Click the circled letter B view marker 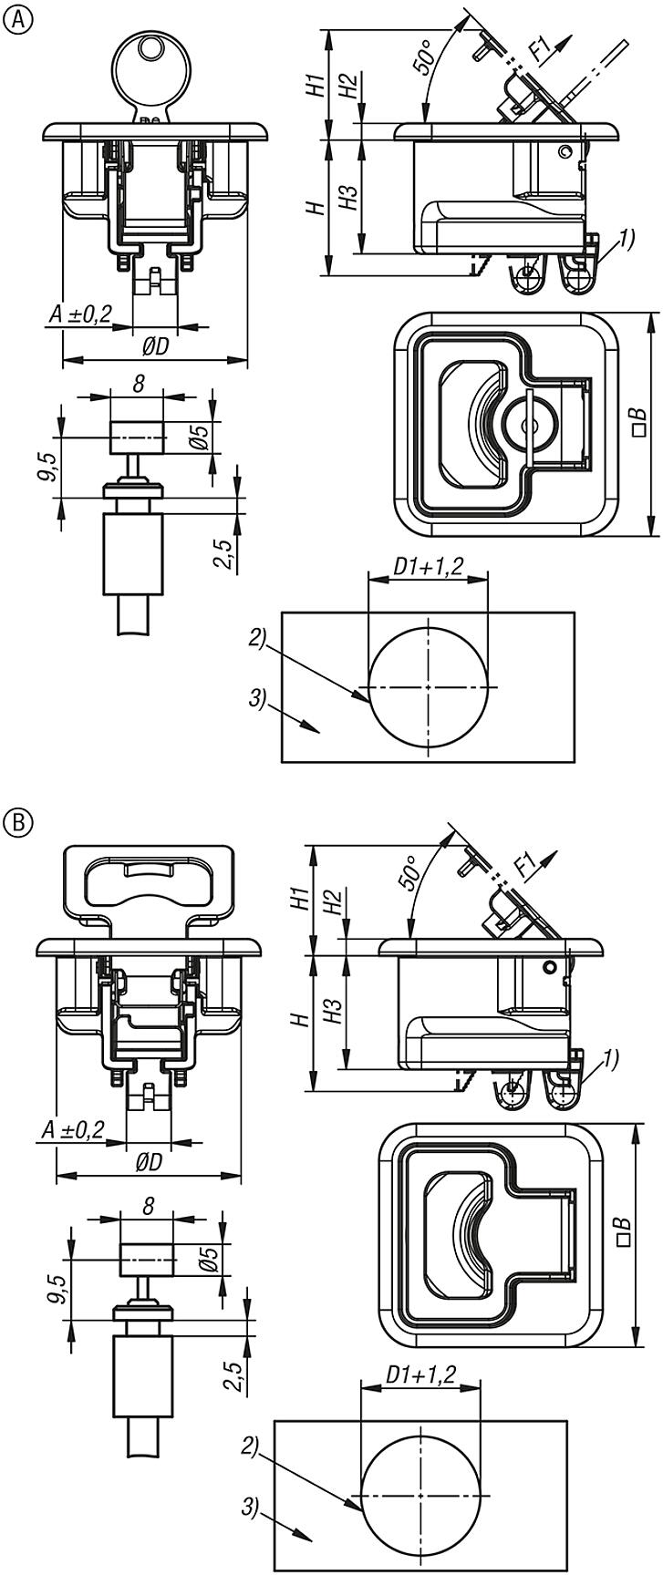point(16,822)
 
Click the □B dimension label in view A point(638,424)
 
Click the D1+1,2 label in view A point(428,566)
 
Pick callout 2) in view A point(256,639)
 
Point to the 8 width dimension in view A point(137,384)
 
